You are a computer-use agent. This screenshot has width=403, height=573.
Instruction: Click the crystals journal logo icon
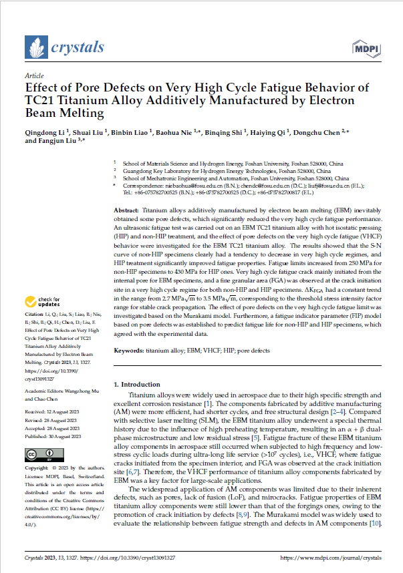coord(35,47)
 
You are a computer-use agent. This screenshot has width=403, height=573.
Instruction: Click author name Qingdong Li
coord(45,132)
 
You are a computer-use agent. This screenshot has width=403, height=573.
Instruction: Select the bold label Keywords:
coord(130,350)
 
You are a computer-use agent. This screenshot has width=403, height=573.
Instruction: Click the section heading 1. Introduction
coord(139,385)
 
